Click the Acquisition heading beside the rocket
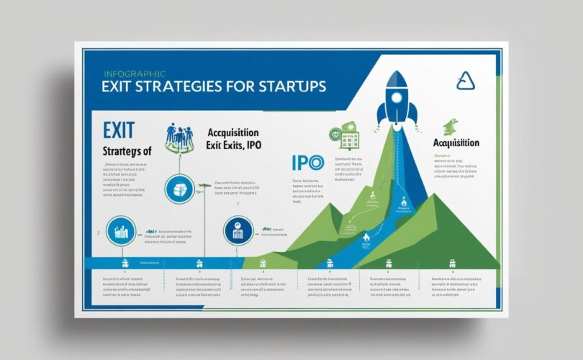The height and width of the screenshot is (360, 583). pyautogui.click(x=456, y=143)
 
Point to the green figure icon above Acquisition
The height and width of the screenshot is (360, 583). pyautogui.click(x=451, y=126)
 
